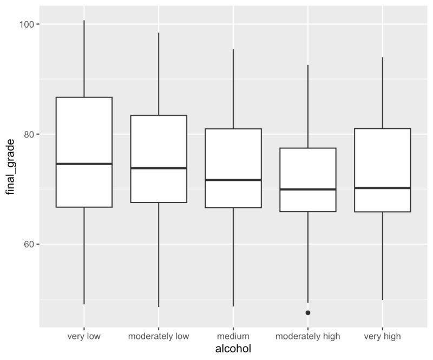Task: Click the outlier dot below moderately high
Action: (x=308, y=312)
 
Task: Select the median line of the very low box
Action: (x=84, y=163)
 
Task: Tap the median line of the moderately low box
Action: (x=159, y=168)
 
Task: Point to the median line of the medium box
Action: (x=233, y=180)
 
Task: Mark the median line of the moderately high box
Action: (x=308, y=189)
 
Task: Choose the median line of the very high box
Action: (x=383, y=188)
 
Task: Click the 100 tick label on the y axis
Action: (x=27, y=24)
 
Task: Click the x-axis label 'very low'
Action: (x=84, y=336)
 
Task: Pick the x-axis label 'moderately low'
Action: (x=159, y=336)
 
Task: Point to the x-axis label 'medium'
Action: (x=233, y=336)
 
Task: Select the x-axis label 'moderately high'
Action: (x=308, y=336)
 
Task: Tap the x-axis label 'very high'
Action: (x=383, y=336)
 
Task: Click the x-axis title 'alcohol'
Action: (x=233, y=349)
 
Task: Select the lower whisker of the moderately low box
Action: (x=159, y=254)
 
